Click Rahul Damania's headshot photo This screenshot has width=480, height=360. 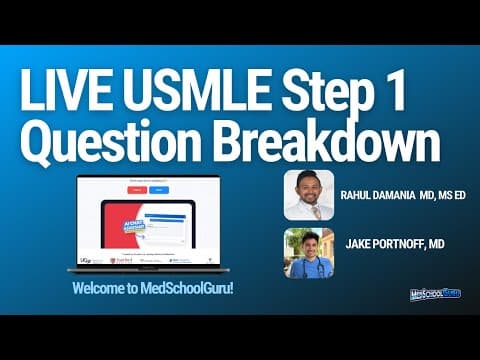[308, 194]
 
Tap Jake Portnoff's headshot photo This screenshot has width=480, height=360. [308, 252]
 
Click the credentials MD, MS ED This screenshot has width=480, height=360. [439, 194]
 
